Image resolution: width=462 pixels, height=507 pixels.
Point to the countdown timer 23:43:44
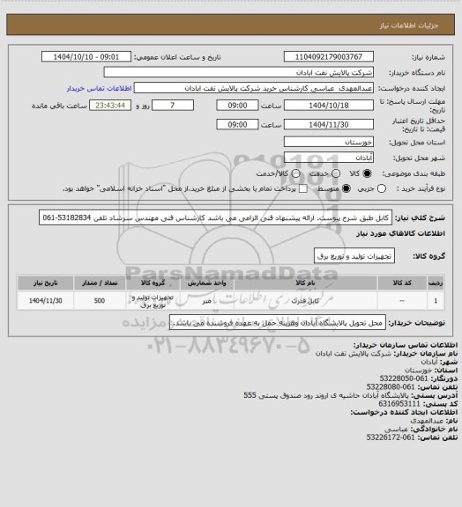click(x=109, y=106)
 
